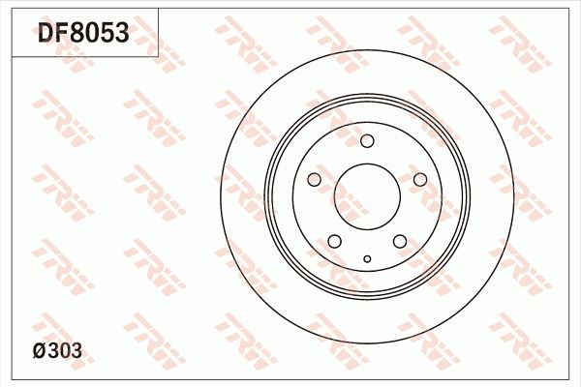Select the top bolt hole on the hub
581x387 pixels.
coord(367,142)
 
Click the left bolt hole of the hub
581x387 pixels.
coord(314,180)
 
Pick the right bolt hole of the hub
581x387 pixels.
coord(420,180)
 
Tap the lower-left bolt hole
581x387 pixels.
coord(334,242)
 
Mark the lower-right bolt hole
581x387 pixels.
coord(400,242)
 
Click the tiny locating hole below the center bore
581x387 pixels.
coord(367,258)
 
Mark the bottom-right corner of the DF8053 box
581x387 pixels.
coord(159,56)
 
